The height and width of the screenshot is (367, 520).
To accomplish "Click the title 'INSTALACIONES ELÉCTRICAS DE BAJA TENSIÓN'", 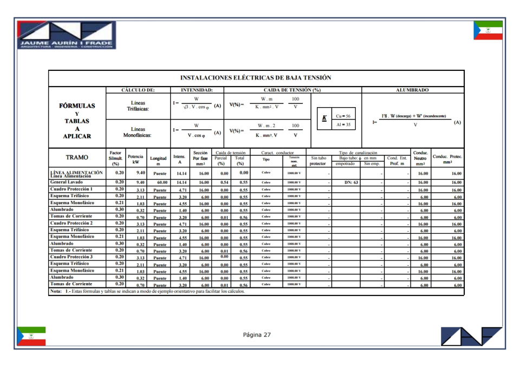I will click(256, 78).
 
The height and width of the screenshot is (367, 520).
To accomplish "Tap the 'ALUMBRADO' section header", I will click(413, 90).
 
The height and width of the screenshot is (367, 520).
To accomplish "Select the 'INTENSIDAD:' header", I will click(197, 90).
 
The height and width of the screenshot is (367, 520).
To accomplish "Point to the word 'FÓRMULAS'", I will click(77, 106).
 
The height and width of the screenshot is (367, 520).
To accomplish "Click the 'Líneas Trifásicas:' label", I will click(138, 106).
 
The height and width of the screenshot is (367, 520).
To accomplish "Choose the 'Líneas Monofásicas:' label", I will click(138, 132).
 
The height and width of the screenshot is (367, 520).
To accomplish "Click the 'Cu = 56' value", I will click(343, 116).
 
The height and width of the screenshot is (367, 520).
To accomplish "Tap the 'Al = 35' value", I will click(343, 124).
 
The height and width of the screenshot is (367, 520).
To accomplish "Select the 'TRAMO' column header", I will click(77, 158).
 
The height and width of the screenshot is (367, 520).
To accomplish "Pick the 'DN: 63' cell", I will click(352, 183).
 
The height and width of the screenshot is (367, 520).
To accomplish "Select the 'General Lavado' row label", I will click(67, 182).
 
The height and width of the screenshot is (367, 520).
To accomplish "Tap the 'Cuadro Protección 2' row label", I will click(71, 223).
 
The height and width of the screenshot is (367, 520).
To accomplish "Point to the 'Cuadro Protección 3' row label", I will click(71, 257).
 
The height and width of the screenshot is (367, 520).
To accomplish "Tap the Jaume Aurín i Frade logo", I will click(66, 35).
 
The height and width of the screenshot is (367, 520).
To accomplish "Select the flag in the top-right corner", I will click(487, 30).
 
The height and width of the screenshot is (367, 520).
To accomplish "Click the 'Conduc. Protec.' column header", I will click(447, 159).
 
